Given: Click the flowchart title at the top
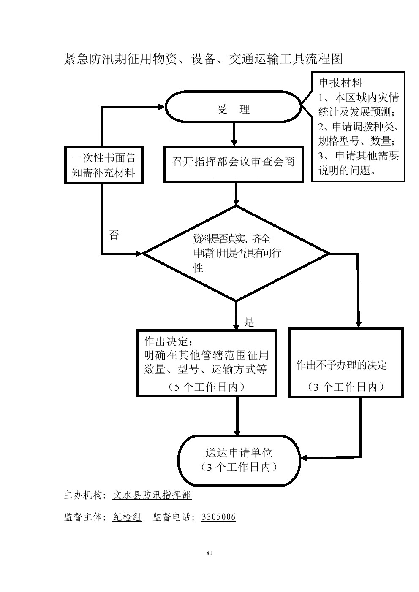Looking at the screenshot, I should pyautogui.click(x=203, y=59).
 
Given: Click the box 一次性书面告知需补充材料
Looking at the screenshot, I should pyautogui.click(x=103, y=165).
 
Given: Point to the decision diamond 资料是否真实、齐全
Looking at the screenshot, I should pyautogui.click(x=236, y=254).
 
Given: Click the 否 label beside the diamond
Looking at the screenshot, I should pyautogui.click(x=114, y=235).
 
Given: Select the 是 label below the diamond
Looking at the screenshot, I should pyautogui.click(x=249, y=323).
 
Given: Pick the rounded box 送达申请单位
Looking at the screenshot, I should pyautogui.click(x=239, y=460).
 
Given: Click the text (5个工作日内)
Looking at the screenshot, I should pyautogui.click(x=206, y=387).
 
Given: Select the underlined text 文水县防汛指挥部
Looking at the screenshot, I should pyautogui.click(x=152, y=495).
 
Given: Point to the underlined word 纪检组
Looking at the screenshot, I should pyautogui.click(x=127, y=517).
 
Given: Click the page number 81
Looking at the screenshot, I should pyautogui.click(x=209, y=553).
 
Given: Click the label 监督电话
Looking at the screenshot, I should pyautogui.click(x=173, y=517).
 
